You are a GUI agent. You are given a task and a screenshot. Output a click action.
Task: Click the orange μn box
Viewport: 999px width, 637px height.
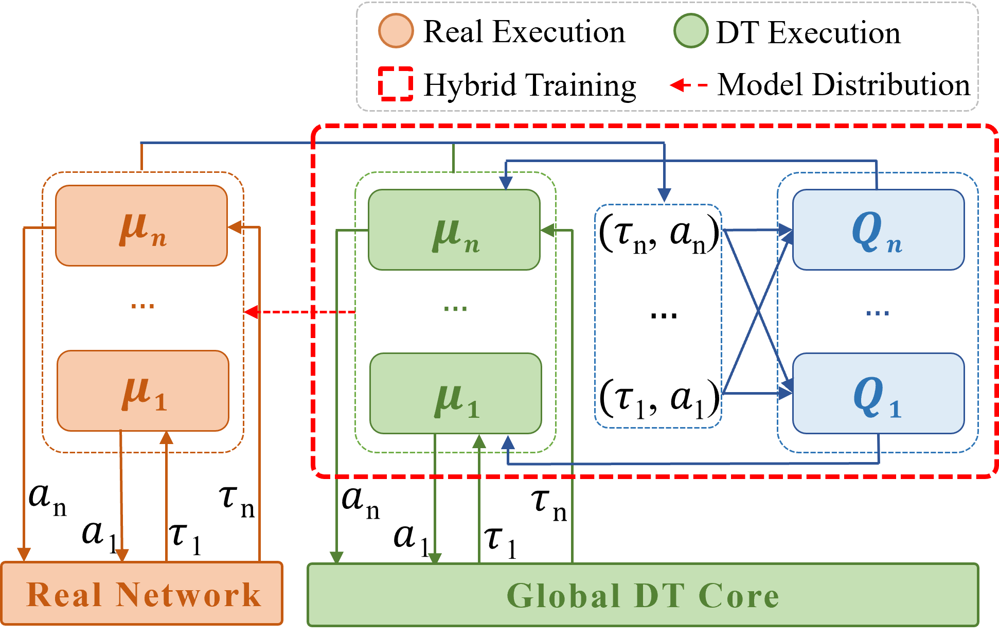click(x=141, y=225)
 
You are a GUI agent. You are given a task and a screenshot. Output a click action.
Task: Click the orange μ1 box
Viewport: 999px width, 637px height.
click(x=143, y=391)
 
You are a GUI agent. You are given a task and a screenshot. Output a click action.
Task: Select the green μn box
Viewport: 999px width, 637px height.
click(x=454, y=229)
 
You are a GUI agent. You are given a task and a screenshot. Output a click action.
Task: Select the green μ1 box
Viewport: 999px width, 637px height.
click(x=456, y=394)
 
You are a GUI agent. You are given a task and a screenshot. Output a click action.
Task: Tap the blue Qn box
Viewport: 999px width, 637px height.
click(x=878, y=229)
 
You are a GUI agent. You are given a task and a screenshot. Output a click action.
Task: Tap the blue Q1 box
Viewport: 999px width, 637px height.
click(x=878, y=394)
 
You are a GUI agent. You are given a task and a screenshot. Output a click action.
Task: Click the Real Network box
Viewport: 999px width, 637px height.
click(x=142, y=593)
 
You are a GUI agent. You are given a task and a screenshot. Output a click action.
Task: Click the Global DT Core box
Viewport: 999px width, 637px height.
click(x=643, y=595)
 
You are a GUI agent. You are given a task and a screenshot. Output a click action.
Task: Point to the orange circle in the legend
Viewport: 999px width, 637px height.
click(x=396, y=31)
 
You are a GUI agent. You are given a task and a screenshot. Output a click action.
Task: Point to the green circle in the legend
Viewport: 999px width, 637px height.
click(x=691, y=31)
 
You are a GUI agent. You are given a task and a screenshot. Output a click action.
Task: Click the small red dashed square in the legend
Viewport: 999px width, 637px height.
click(x=396, y=84)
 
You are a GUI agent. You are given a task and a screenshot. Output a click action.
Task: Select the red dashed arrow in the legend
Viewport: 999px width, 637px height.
click(x=688, y=85)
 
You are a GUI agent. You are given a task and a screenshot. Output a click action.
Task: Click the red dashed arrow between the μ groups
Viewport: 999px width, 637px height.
click(x=298, y=312)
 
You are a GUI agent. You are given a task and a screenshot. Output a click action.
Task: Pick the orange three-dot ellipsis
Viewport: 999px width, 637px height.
click(x=142, y=306)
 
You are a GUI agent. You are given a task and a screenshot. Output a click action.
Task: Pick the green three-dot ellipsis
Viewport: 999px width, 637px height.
click(x=455, y=309)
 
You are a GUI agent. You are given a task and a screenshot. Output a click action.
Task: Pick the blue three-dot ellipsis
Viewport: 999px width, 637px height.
click(x=878, y=313)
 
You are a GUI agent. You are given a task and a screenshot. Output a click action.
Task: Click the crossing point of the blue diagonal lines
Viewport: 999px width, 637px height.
click(x=758, y=312)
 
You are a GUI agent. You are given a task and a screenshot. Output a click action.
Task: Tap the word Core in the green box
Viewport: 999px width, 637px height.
click(x=739, y=596)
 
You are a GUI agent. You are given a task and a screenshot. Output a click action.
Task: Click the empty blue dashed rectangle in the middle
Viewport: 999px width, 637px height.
click(x=658, y=316)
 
